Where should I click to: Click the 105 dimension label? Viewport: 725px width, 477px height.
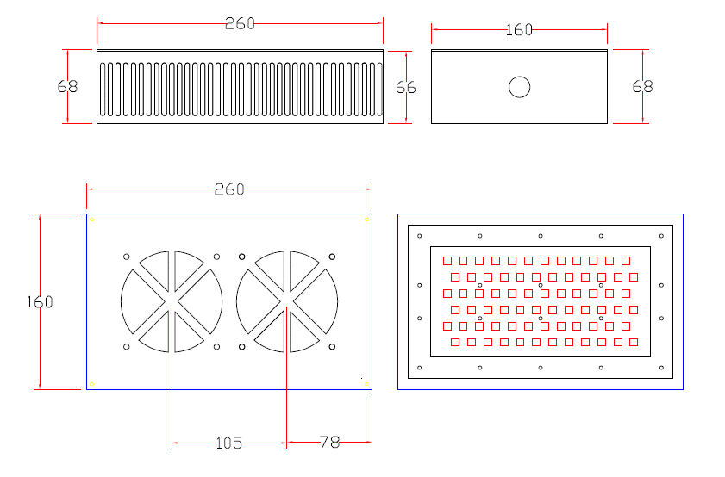click(228, 443)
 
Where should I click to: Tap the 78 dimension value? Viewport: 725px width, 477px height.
click(329, 442)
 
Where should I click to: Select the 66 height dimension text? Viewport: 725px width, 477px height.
click(405, 87)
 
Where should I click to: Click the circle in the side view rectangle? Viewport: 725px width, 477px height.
click(519, 87)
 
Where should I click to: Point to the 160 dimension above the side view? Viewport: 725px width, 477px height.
click(519, 30)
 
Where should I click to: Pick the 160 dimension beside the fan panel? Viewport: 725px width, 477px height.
click(40, 302)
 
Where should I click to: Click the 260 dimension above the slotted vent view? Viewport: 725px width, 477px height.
click(240, 23)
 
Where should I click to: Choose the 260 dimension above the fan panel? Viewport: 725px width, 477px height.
click(229, 189)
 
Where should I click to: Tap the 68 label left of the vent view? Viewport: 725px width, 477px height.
click(67, 86)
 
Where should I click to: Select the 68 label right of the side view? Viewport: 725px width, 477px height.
click(642, 86)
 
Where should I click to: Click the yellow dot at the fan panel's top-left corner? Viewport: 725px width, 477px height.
click(91, 220)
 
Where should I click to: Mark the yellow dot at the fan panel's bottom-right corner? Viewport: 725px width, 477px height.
click(366, 384)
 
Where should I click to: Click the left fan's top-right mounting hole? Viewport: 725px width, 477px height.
click(216, 257)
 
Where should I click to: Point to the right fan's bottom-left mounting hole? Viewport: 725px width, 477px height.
click(242, 347)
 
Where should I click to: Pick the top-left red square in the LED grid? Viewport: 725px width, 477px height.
click(447, 261)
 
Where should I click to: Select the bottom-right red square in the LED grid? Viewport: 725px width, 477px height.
click(634, 342)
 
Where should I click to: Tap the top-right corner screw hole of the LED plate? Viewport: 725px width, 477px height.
click(662, 236)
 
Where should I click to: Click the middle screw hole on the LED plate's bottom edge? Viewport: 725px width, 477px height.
click(541, 368)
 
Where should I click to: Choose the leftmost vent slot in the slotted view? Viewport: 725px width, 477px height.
click(103, 90)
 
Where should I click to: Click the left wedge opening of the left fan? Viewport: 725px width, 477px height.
click(139, 301)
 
